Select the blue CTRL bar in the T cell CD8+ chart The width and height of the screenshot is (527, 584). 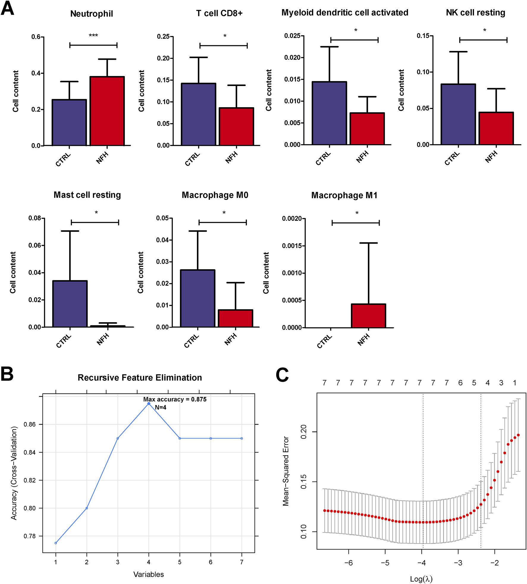198,114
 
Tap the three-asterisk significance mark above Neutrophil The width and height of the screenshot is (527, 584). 93,36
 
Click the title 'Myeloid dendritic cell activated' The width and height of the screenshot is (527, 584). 345,13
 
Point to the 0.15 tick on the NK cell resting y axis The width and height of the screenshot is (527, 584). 423,36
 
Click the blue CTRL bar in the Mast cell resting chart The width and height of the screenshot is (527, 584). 70,304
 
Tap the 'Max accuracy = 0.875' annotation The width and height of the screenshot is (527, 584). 175,399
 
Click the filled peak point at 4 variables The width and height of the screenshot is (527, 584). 149,404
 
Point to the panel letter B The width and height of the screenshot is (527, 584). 7,374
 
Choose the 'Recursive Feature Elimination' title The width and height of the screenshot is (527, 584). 140,378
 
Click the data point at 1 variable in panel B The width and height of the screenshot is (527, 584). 56,543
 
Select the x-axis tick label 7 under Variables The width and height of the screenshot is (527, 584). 241,562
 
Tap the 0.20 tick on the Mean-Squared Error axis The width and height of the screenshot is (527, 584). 304,432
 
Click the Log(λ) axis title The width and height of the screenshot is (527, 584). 421,579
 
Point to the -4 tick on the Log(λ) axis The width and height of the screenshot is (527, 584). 421,563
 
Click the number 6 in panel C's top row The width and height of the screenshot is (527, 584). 460,383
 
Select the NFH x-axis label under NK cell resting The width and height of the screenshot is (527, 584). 491,157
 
